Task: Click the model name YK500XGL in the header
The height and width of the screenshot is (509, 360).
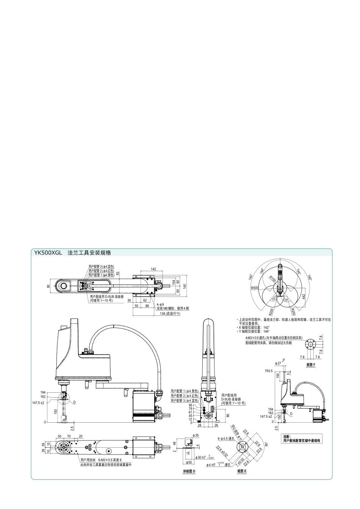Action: coord(48,253)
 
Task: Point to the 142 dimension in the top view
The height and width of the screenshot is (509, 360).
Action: coord(153,269)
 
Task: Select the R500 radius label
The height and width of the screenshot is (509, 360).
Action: coord(255,288)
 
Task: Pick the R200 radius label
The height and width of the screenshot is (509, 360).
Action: coord(271,312)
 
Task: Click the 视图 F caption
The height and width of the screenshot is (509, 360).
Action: coord(311,364)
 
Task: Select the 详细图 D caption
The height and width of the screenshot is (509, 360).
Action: coord(189,471)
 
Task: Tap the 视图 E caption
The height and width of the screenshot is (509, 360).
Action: coord(242,471)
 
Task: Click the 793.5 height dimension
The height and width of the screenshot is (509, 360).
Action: coord(269,371)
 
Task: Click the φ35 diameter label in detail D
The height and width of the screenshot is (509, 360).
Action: coord(196,436)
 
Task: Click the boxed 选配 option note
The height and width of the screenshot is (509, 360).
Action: coord(302,439)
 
